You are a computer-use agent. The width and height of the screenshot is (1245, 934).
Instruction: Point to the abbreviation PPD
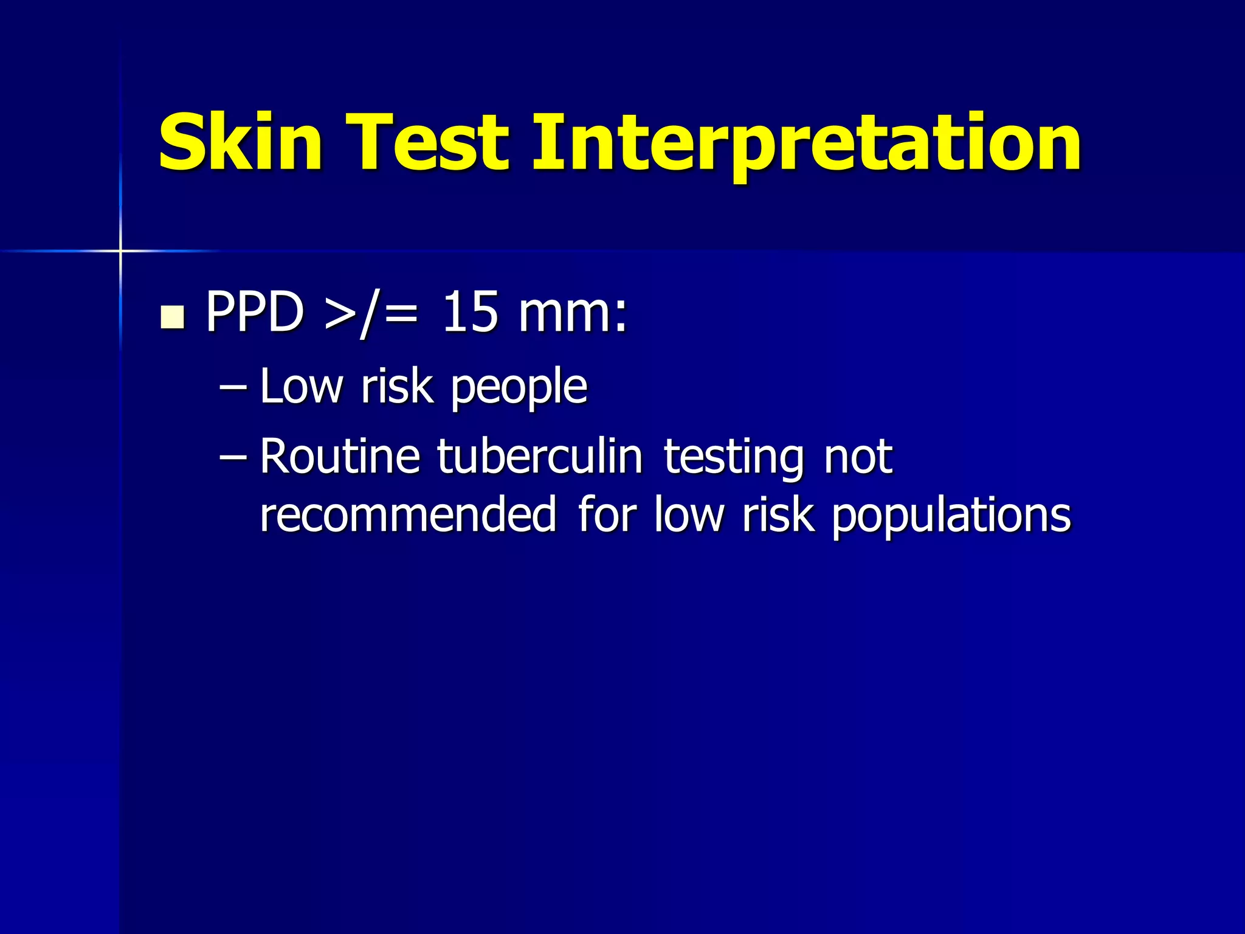[255, 312]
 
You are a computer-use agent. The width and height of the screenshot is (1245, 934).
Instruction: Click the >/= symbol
[371, 313]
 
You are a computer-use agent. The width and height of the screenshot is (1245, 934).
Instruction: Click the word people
[519, 389]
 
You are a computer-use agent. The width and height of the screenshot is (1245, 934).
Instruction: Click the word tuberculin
[540, 456]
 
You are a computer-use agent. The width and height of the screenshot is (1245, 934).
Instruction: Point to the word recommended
[408, 514]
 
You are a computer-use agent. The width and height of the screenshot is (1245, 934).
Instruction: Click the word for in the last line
[606, 514]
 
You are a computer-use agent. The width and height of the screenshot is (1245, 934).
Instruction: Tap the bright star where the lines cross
[120, 251]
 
